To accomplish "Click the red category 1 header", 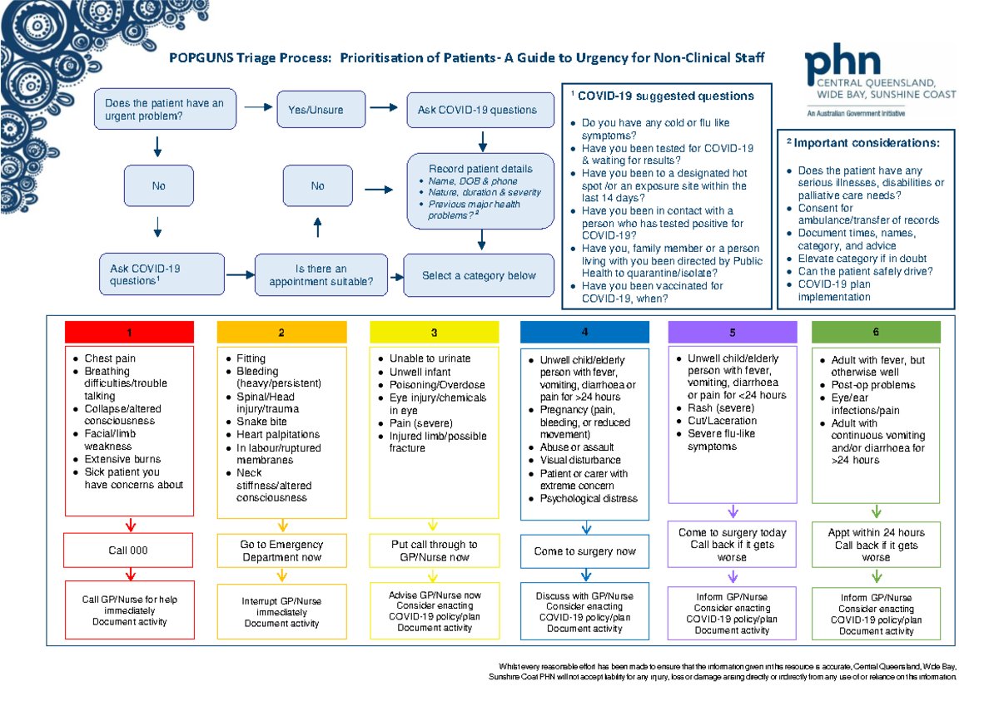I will [129, 333].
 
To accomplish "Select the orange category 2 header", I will [281, 333].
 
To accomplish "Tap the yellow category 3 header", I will [434, 333].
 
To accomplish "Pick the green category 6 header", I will [876, 332].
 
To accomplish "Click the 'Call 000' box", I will [129, 550].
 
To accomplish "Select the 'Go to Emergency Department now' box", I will [281, 550].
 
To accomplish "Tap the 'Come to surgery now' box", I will [585, 551].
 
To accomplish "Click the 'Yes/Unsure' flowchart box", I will [316, 110].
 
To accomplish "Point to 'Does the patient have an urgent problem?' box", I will [165, 110].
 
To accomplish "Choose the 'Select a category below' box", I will [479, 276].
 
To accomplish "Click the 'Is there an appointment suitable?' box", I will [321, 275].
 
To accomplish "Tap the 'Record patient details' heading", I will [480, 169].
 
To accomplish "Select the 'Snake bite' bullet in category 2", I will [264, 422].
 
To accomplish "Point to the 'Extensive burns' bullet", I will [122, 459].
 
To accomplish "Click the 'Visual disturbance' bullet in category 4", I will [580, 460].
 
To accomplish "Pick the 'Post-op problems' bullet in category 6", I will [873, 385].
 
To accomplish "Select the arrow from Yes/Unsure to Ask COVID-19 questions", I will [384, 107].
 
